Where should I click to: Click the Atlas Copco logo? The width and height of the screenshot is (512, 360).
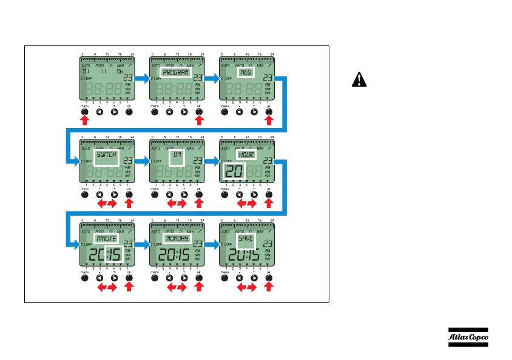(468, 337)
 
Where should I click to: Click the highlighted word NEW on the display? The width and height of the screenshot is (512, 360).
(246, 72)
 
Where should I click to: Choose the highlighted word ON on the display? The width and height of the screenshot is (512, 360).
(177, 155)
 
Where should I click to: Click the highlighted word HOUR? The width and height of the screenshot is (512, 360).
(246, 155)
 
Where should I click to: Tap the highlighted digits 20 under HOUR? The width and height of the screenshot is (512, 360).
(232, 172)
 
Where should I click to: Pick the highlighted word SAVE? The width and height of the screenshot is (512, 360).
(246, 238)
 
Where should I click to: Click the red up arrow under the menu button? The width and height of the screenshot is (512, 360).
(84, 122)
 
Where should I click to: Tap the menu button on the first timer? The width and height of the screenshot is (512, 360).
(84, 112)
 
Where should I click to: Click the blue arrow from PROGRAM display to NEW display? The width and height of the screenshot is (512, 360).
(212, 78)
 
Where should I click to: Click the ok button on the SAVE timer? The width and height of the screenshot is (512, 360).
(269, 279)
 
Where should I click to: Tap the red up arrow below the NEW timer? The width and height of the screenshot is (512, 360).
(269, 122)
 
